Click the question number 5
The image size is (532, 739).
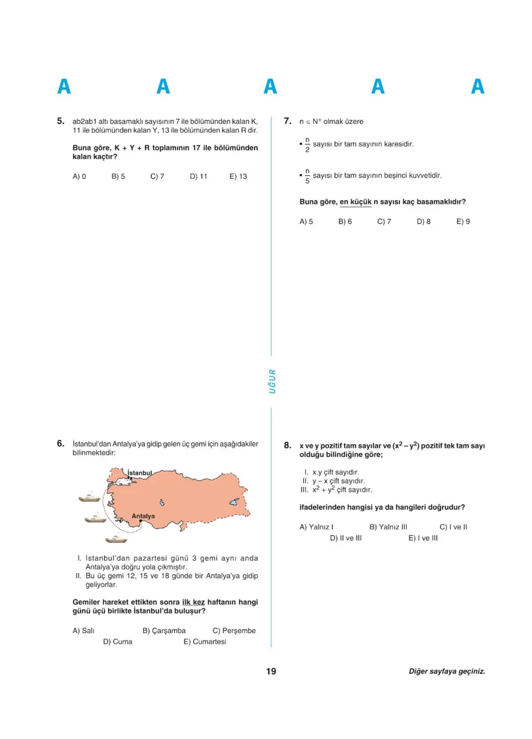pyautogui.click(x=60, y=121)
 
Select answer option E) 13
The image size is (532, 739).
pyautogui.click(x=238, y=176)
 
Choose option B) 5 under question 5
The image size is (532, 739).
pyautogui.click(x=118, y=176)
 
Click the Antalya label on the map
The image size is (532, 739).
pyautogui.click(x=143, y=516)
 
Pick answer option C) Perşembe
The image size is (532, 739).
pyautogui.click(x=234, y=630)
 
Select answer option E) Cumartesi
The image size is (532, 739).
pyautogui.click(x=205, y=642)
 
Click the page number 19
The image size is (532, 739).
pyautogui.click(x=271, y=671)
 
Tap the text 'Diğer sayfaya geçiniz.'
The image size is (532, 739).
pyautogui.click(x=447, y=671)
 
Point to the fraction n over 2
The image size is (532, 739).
pyautogui.click(x=307, y=145)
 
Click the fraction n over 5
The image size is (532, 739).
pyautogui.click(x=307, y=176)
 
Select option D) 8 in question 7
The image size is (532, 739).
pyautogui.click(x=424, y=221)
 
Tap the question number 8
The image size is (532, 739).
pyautogui.click(x=288, y=445)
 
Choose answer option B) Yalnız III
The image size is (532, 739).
pyautogui.click(x=388, y=527)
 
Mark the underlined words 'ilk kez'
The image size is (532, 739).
pyautogui.click(x=193, y=602)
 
